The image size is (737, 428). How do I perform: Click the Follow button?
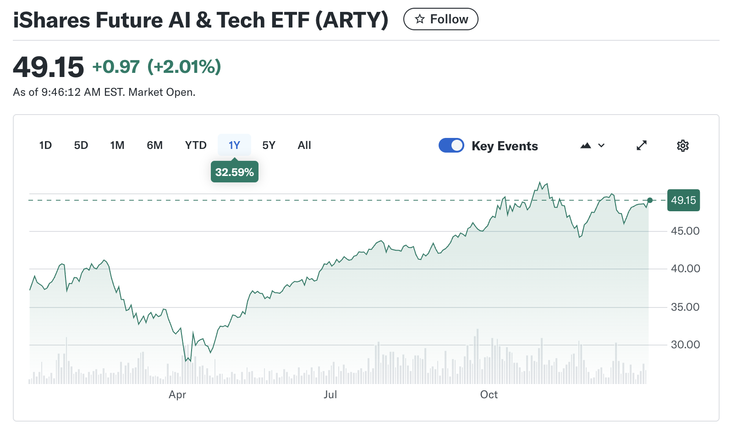pyautogui.click(x=440, y=19)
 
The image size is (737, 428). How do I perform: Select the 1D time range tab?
pyautogui.click(x=45, y=145)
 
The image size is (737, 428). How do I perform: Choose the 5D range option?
pyautogui.click(x=81, y=145)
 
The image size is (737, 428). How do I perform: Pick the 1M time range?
pyautogui.click(x=117, y=145)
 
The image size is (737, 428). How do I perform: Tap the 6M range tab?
pyautogui.click(x=155, y=145)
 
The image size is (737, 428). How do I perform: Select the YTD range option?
pyautogui.click(x=196, y=145)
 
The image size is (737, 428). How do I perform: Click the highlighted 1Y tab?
pyautogui.click(x=234, y=145)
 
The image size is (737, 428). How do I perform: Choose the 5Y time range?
pyautogui.click(x=269, y=145)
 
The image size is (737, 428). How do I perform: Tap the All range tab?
pyautogui.click(x=304, y=145)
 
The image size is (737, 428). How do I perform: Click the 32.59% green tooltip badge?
pyautogui.click(x=234, y=172)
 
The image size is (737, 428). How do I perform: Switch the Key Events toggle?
pyautogui.click(x=451, y=145)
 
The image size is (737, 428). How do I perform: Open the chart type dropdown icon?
pyautogui.click(x=593, y=146)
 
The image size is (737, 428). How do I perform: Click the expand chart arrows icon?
pyautogui.click(x=642, y=145)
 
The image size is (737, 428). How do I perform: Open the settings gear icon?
pyautogui.click(x=683, y=146)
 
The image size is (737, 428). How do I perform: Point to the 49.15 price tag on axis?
pyautogui.click(x=683, y=200)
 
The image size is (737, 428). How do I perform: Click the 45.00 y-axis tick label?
pyautogui.click(x=685, y=231)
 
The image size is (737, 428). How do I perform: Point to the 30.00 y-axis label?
pyautogui.click(x=685, y=345)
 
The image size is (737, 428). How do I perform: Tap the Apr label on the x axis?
pyautogui.click(x=177, y=395)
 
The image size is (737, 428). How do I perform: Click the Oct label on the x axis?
pyautogui.click(x=489, y=395)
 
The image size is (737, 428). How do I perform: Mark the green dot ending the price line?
pyautogui.click(x=650, y=200)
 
